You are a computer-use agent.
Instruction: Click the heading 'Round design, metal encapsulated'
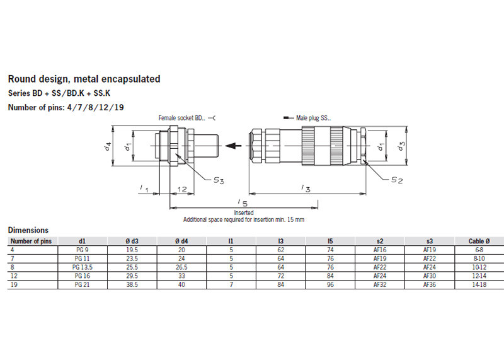click(x=84, y=79)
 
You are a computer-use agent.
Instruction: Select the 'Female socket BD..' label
click(x=181, y=118)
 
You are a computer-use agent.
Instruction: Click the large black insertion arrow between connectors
click(x=234, y=146)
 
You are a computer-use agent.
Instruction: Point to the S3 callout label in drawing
click(x=218, y=180)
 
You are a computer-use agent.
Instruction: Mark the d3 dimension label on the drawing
click(x=401, y=146)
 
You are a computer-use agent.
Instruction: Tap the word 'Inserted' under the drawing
click(x=243, y=213)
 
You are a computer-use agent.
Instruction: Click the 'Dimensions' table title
click(x=28, y=231)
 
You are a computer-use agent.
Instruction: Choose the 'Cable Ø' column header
click(x=478, y=241)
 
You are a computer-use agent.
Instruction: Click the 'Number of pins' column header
click(x=31, y=241)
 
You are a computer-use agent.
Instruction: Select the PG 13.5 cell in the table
click(x=83, y=267)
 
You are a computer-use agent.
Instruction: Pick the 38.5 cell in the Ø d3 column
click(x=131, y=285)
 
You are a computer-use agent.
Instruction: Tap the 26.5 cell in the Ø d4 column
click(x=182, y=267)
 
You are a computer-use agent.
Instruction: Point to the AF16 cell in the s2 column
click(x=379, y=250)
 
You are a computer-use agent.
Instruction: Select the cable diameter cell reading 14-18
click(x=478, y=285)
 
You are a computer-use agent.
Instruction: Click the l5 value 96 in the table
click(x=330, y=285)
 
